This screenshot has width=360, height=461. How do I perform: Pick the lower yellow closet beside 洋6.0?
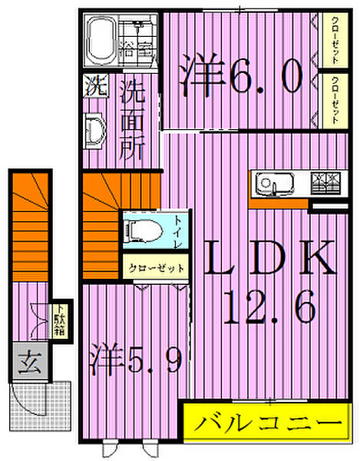click(335, 100)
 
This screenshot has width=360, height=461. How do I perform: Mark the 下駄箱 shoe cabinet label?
click(59, 321)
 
